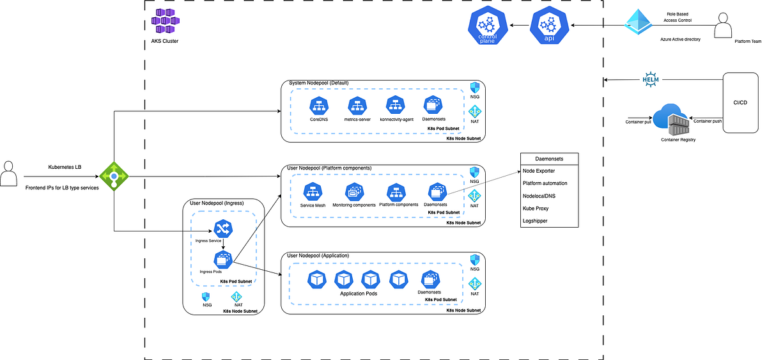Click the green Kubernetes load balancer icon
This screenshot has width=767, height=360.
coord(114,176)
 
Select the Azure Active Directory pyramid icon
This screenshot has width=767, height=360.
coord(641,25)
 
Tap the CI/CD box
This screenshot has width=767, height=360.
coord(741,102)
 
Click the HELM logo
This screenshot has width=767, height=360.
coord(650,80)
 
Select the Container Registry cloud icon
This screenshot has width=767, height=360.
coord(671,119)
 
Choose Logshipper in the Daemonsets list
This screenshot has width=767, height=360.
coord(536,220)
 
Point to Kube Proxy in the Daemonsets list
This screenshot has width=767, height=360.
coord(536,208)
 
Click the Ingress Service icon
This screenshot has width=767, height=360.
coord(222,228)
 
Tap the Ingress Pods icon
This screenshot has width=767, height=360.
coord(222,260)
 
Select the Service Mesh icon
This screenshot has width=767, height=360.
coord(313,191)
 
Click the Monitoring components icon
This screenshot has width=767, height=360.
coord(354,191)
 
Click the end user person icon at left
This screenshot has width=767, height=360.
coord(8,174)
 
